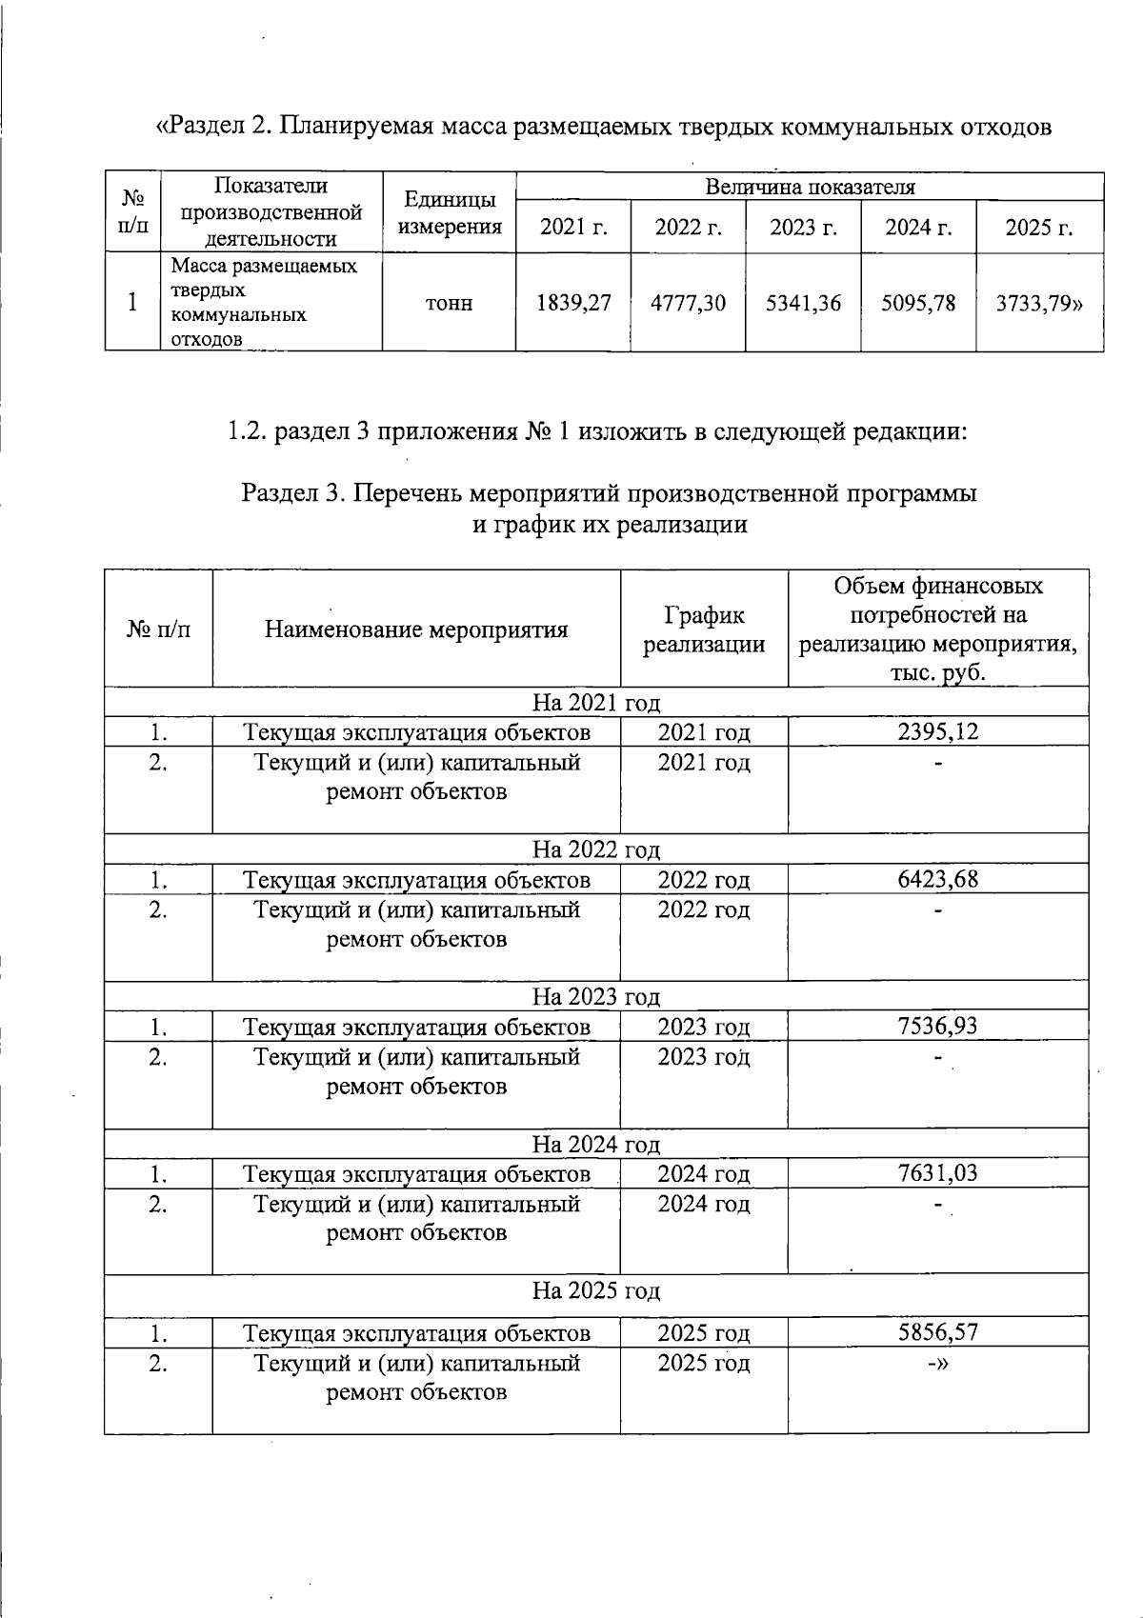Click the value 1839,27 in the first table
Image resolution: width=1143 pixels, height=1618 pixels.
573,303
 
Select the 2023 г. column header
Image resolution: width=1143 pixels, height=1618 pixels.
803,228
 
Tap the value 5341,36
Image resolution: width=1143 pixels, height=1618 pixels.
803,303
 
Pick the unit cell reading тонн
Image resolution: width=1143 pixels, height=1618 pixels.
449,304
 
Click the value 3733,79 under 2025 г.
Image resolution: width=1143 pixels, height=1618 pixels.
1039,303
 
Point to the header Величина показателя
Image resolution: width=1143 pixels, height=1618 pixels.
810,187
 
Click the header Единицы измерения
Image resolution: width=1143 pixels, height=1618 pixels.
449,212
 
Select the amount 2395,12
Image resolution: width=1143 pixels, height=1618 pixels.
937,731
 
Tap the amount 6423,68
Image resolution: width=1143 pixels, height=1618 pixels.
937,878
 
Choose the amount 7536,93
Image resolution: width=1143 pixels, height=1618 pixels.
937,1026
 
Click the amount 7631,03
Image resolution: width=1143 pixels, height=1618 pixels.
937,1173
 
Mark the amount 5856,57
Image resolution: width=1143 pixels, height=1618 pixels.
937,1332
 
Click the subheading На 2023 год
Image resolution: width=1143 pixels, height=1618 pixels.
596,997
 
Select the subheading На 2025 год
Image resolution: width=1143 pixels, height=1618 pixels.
596,1291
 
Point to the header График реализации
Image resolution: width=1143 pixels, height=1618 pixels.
704,629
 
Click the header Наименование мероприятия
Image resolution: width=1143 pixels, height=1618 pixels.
416,629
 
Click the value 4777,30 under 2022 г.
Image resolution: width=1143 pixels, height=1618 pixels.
688,303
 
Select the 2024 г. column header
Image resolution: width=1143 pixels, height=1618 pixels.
918,228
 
